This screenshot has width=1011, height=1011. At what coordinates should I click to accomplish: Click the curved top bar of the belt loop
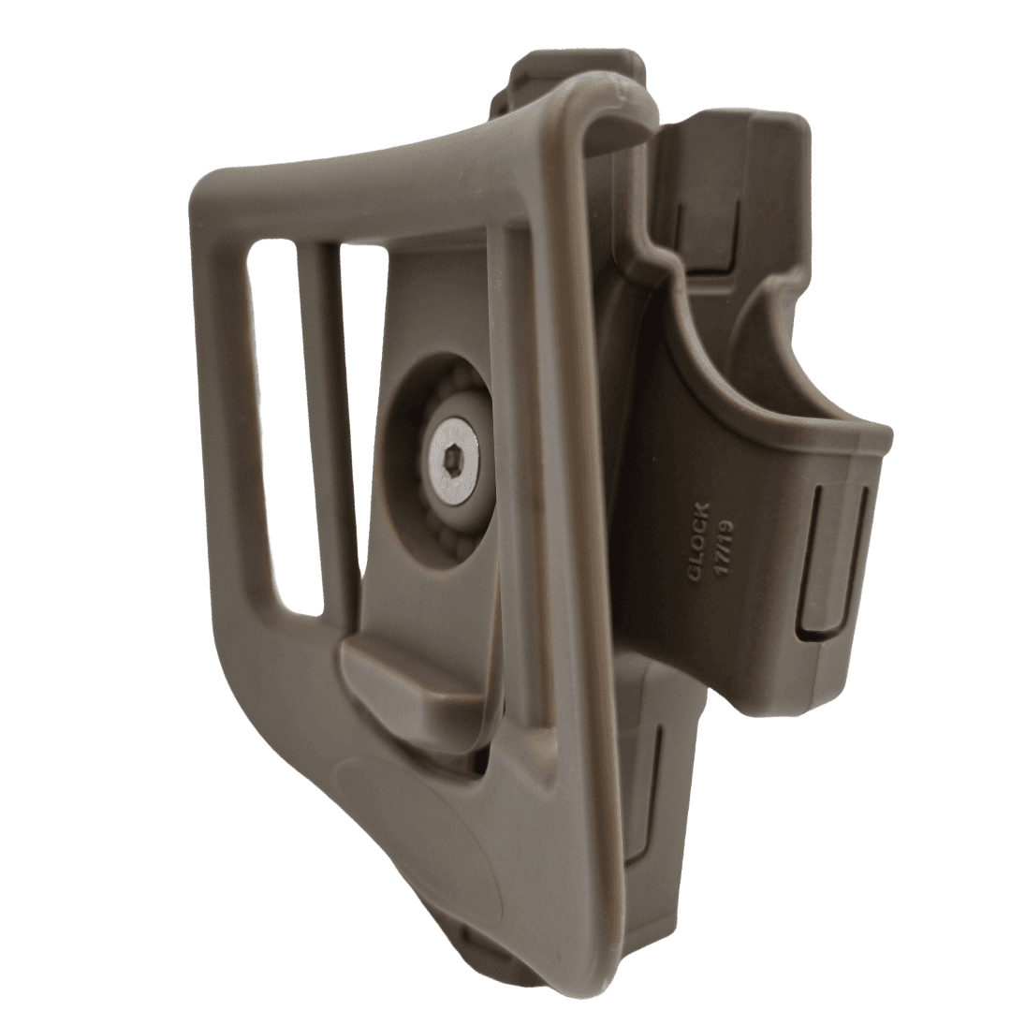[x=393, y=173]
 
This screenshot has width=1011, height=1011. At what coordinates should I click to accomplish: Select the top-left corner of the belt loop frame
[x=211, y=187]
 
